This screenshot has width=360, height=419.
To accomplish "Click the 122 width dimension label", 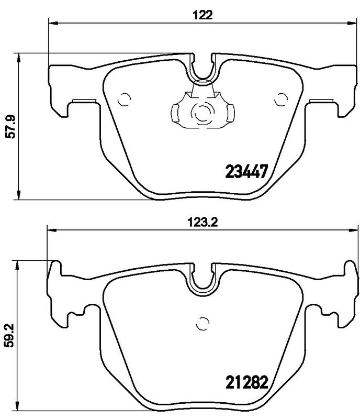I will (205, 15).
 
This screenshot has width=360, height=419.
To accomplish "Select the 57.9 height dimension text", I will (10, 126).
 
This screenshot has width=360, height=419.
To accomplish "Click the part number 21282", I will (246, 380).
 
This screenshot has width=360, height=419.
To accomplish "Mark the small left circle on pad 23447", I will (125, 98).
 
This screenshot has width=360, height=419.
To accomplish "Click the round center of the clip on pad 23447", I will (201, 112).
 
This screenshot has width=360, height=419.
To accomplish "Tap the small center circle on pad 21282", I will (201, 323).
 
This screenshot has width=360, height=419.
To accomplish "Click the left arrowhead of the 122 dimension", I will (51, 22).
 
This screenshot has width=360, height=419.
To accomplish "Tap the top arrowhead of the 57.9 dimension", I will (19, 56).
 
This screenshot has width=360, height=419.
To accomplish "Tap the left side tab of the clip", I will (176, 112).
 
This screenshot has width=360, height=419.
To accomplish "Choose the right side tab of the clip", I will (229, 112).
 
